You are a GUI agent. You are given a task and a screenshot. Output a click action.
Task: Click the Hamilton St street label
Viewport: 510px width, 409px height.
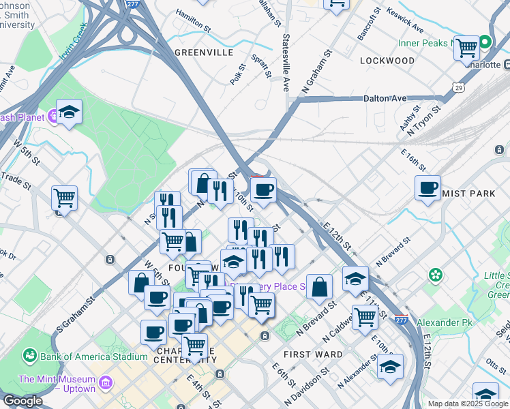[x=193, y=20]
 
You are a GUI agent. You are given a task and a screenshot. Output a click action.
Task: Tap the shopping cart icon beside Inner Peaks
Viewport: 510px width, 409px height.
[x=467, y=47]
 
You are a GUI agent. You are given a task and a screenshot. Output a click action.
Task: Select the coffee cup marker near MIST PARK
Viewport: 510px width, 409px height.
[x=427, y=187]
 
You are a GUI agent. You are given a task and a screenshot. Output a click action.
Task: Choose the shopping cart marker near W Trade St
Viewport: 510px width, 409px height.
[x=64, y=198]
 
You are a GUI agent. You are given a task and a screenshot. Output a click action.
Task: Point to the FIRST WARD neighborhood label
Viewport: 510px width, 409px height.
[x=313, y=354]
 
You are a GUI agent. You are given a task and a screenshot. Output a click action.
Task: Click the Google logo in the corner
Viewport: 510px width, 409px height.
[x=22, y=401]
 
